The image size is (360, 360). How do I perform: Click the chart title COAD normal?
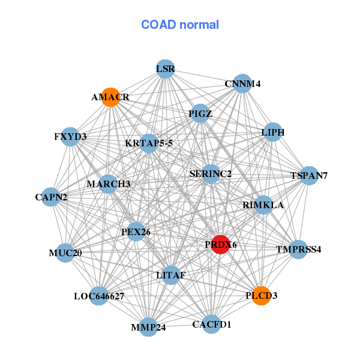pos(180,25)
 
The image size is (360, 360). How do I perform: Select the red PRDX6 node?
pos(221,244)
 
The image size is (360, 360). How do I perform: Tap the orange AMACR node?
pos(110,97)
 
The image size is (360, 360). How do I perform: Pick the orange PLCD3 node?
pos(261,295)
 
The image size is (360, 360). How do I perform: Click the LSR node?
pos(165,69)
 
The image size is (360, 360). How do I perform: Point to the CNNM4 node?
pos(242,84)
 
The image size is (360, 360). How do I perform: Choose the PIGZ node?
pos(200,113)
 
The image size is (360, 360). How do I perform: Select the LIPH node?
pos(272,132)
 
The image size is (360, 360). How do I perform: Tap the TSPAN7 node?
pos(308,176)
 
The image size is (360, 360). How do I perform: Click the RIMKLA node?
pos(263,205)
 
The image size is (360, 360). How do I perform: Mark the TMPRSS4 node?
pos(298,249)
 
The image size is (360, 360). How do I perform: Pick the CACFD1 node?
pos(211,324)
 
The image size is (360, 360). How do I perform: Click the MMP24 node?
pos(148,327)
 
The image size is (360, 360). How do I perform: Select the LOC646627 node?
pos(99,296)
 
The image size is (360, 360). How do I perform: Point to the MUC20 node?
pos(65,253)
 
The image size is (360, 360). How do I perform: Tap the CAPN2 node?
pos(51,197)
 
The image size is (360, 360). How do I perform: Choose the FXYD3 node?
pos(70,137)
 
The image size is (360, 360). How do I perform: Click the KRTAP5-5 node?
pos(149,143)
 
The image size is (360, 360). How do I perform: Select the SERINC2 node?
pos(211,174)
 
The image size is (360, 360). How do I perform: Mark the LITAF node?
pos(171,275)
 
